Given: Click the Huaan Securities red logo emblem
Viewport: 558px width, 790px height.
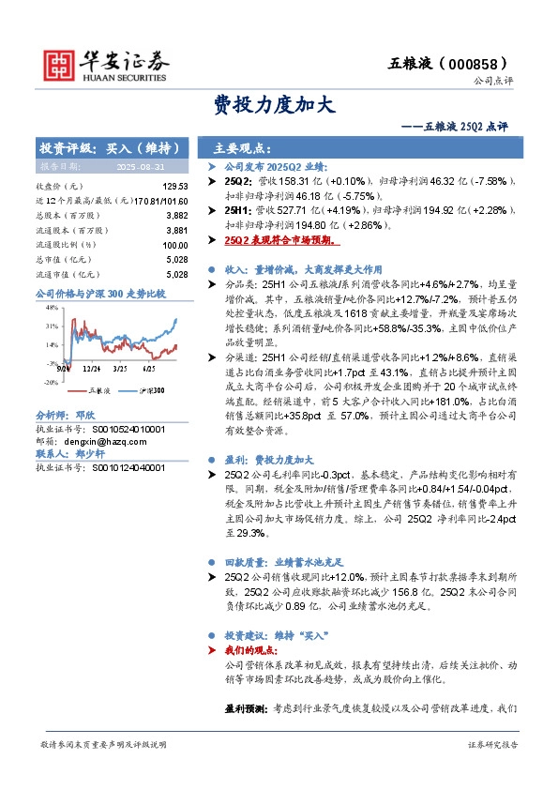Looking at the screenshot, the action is coord(61,63).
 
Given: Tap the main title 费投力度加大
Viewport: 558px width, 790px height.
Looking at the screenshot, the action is coord(279,104).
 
